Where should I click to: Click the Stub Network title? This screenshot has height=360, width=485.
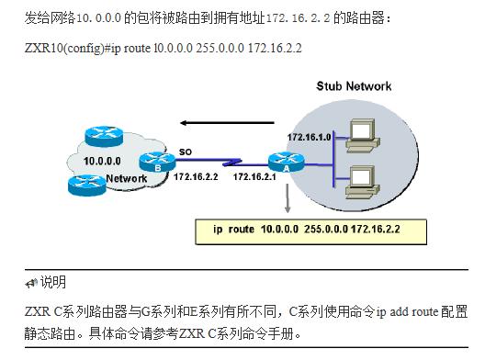pos(354,86)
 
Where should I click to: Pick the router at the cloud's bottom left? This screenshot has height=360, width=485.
pos(85,184)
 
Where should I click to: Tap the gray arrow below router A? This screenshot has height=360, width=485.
pos(287,197)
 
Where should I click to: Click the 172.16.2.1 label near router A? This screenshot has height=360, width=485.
pos(254,176)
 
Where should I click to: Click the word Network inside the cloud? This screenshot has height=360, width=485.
pos(126,178)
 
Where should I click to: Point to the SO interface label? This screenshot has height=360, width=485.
pos(185,150)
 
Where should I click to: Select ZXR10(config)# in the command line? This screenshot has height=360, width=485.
pos(62,47)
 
